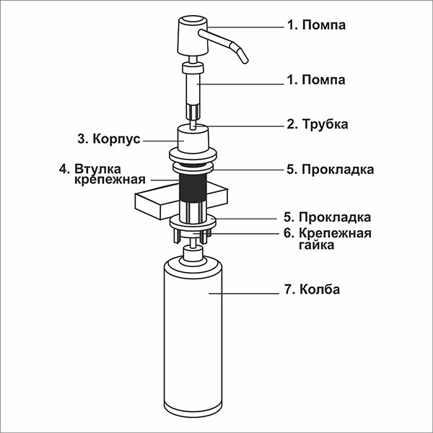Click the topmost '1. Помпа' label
point(316,26)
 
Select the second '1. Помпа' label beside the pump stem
point(316,79)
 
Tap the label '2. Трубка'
point(318,124)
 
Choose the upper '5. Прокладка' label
point(329,170)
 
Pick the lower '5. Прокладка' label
point(328,216)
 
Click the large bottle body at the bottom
point(193,339)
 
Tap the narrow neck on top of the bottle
point(193,253)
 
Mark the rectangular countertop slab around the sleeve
point(155,204)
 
